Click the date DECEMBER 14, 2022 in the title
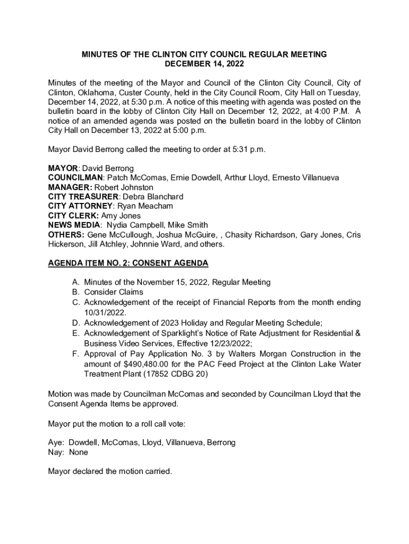point(204,64)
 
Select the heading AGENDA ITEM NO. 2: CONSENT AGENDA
point(128,263)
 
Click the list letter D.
point(76,323)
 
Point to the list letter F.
point(76,354)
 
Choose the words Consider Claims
point(113,292)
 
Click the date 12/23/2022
point(234,343)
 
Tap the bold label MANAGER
point(69,188)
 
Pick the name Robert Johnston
point(124,188)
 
